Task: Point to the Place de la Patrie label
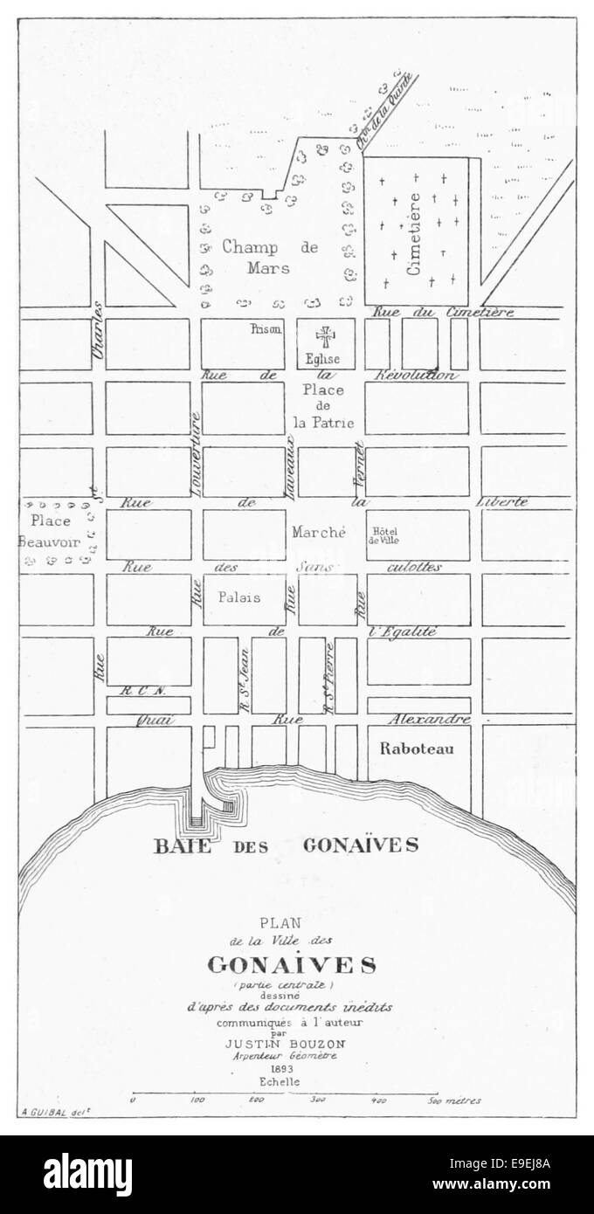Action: pyautogui.click(x=323, y=406)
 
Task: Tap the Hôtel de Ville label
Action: pyautogui.click(x=385, y=535)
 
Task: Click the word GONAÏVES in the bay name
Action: pyautogui.click(x=361, y=845)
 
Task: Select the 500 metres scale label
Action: pyautogui.click(x=452, y=1101)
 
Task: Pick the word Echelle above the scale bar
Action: pyautogui.click(x=279, y=1081)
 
